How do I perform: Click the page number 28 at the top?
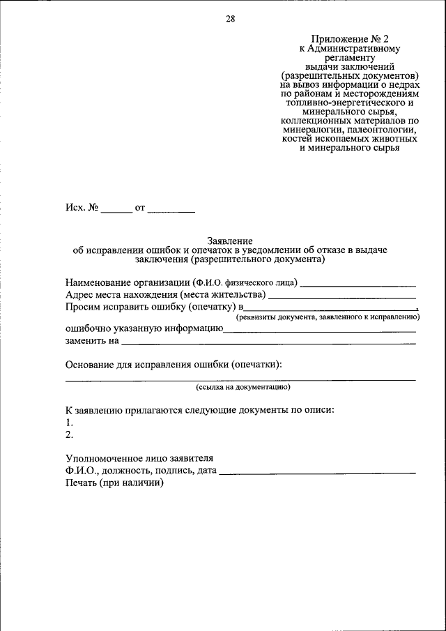[x=230, y=19]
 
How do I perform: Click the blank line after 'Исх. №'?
[x=116, y=210]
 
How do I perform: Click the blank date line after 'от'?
[x=171, y=210]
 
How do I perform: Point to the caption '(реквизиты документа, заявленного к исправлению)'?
[x=327, y=317]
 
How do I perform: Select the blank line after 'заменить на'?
[x=268, y=343]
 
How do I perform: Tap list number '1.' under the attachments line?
[x=69, y=423]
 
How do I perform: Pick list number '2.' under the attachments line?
[x=69, y=434]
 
